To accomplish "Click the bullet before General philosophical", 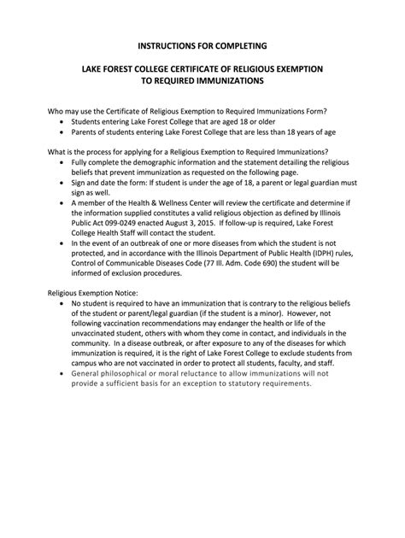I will click(63, 373).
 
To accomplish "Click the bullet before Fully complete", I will click(63, 162).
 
